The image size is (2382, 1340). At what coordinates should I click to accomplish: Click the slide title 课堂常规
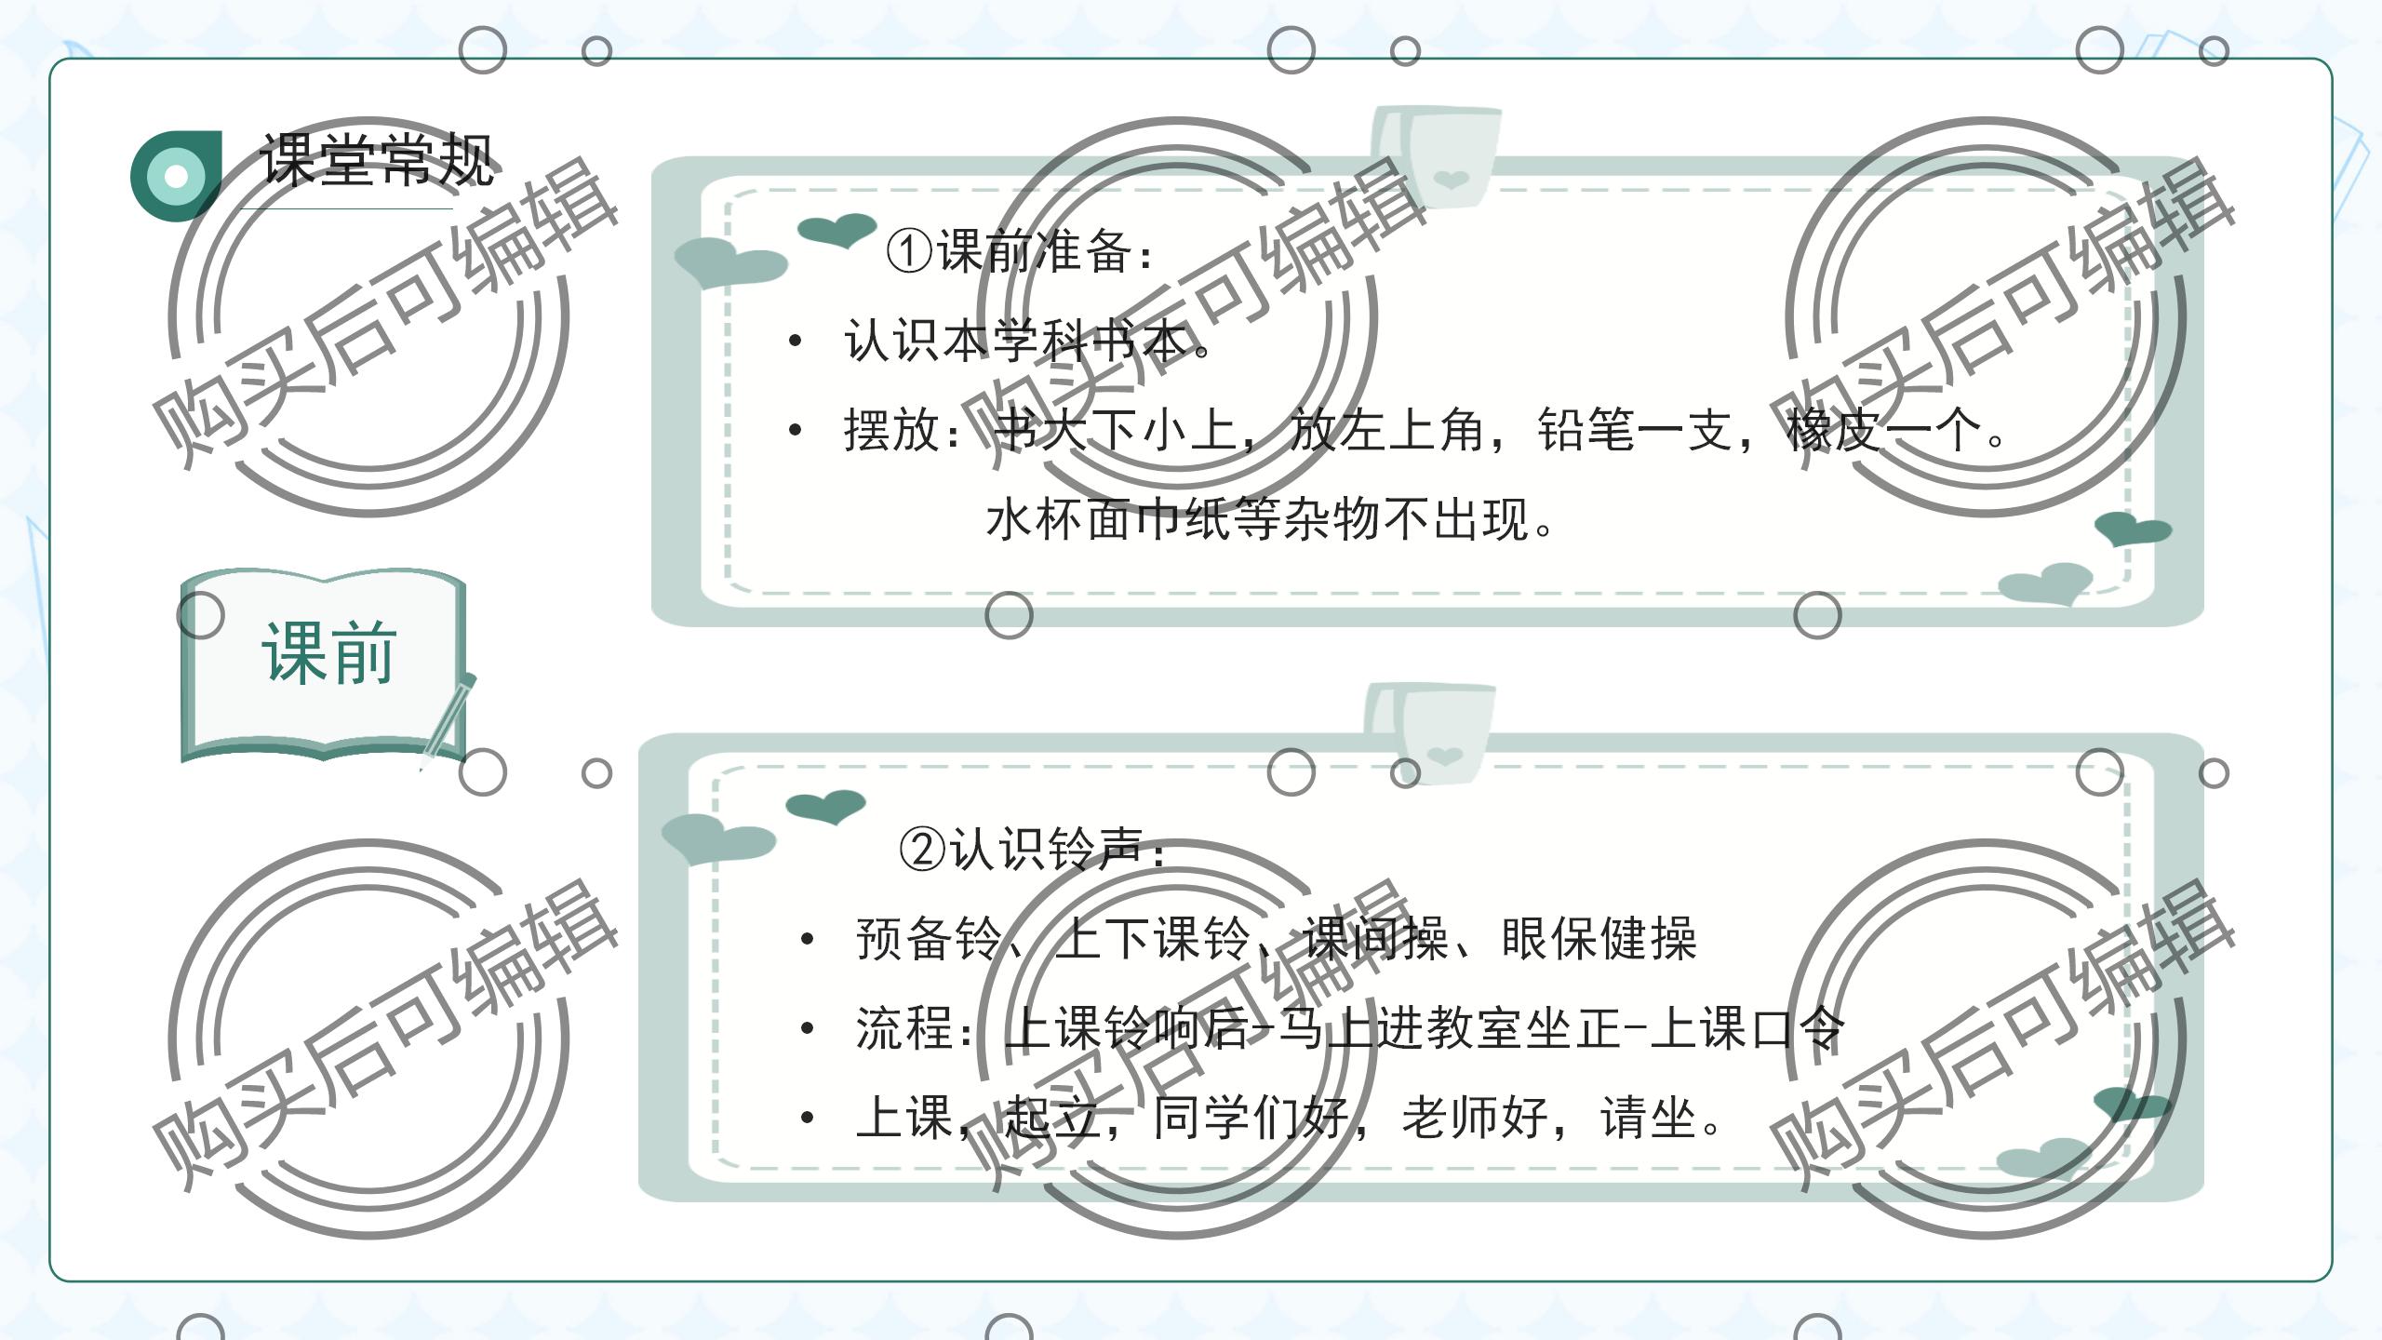pyautogui.click(x=376, y=159)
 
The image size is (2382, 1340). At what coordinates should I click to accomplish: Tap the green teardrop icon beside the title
pyautogui.click(x=176, y=175)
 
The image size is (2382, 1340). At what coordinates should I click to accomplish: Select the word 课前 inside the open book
pyautogui.click(x=328, y=653)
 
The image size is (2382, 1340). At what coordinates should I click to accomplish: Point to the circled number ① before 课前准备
pyautogui.click(x=908, y=250)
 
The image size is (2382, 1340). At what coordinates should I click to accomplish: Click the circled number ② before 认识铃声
pyautogui.click(x=922, y=849)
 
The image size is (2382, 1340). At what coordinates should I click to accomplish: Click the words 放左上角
pyautogui.click(x=1386, y=430)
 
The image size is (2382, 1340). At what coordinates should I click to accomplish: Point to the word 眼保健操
pyautogui.click(x=1599, y=938)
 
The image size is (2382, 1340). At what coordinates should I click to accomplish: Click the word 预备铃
pyautogui.click(x=929, y=938)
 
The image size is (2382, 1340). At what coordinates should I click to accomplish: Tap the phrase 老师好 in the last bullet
pyautogui.click(x=1475, y=1118)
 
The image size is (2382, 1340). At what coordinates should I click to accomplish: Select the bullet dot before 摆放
pyautogui.click(x=795, y=430)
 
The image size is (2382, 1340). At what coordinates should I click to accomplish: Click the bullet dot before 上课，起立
pyautogui.click(x=807, y=1118)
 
